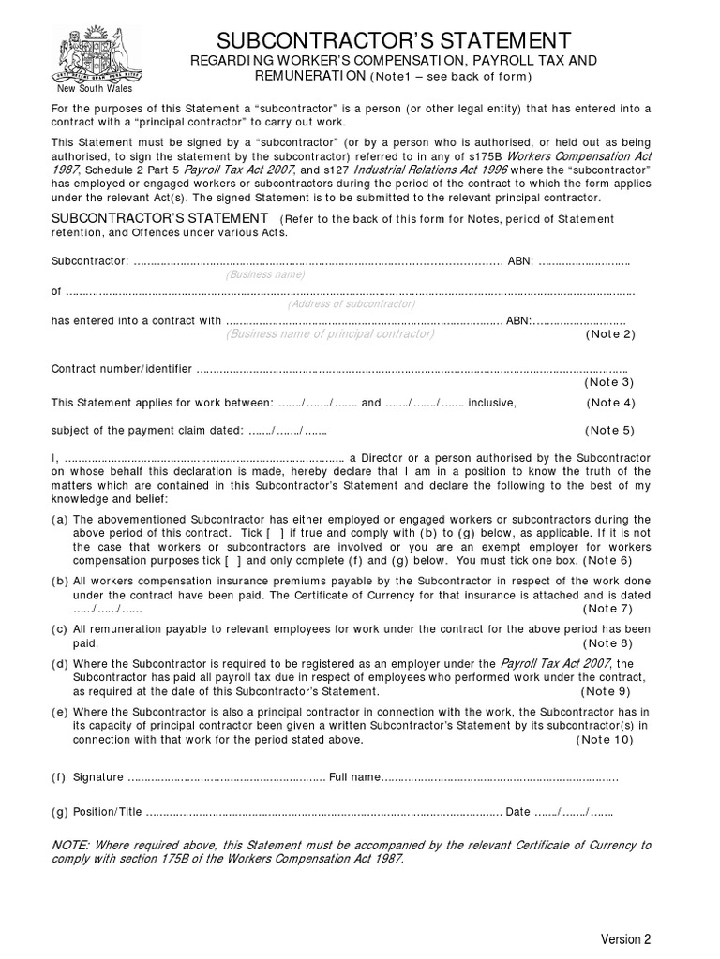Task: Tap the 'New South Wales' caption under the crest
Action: coord(91,89)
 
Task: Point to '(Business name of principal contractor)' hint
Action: coord(330,333)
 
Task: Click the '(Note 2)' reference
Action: coord(610,334)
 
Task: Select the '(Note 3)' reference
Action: coord(610,382)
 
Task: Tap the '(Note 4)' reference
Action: coord(610,403)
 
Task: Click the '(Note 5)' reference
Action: coord(610,431)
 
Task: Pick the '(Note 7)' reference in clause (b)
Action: coord(610,609)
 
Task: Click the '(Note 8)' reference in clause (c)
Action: coord(610,643)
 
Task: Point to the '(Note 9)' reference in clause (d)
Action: coord(610,691)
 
